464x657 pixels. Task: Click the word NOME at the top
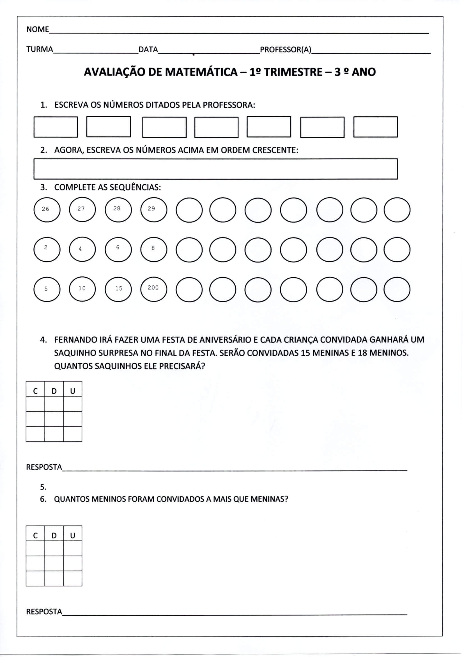(37, 30)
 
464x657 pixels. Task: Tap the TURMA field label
(40, 49)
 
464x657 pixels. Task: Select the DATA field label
(148, 49)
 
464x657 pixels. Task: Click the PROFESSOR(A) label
(285, 49)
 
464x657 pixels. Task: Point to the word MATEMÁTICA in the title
(201, 72)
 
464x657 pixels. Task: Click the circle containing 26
(47, 210)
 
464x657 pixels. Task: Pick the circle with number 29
(154, 210)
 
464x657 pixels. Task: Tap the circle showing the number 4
(82, 249)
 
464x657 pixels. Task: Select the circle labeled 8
(154, 249)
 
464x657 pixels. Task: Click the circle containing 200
(154, 289)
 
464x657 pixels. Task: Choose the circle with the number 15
(118, 289)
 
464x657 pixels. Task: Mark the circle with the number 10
(82, 289)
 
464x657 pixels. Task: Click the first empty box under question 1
(56, 127)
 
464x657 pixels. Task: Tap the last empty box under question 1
(375, 127)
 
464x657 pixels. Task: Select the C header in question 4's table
(35, 391)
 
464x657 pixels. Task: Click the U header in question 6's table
(73, 536)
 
